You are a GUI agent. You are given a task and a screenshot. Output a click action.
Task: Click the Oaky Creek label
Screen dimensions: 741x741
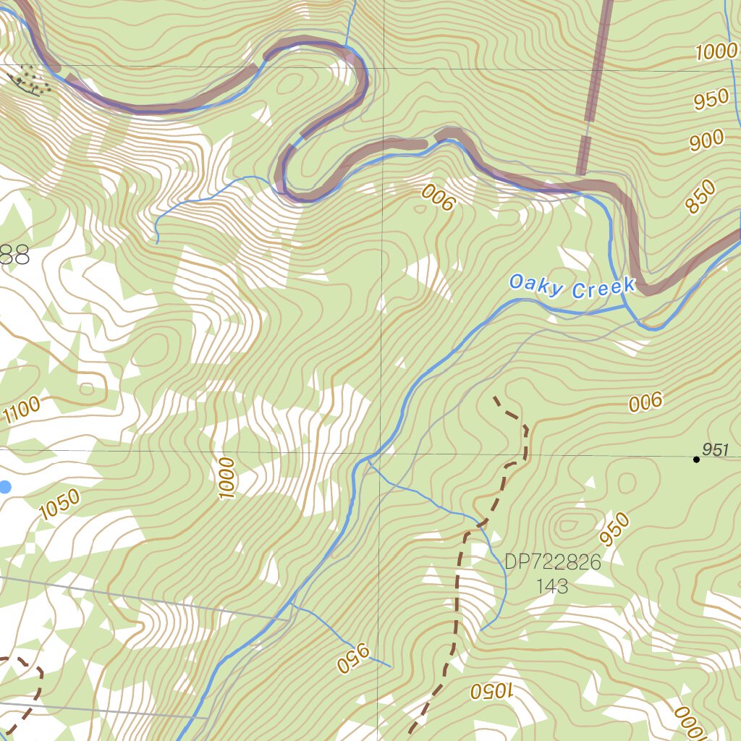tap(571, 286)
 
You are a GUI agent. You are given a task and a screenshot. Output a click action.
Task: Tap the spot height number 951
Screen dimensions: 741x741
tap(715, 450)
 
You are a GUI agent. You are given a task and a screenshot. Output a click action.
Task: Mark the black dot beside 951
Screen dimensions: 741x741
tap(696, 459)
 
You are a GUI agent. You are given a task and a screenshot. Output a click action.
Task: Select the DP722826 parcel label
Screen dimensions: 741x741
tap(553, 562)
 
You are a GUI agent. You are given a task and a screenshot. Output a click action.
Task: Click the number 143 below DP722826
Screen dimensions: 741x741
tap(552, 585)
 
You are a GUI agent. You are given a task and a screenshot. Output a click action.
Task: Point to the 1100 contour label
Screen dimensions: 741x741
tap(22, 411)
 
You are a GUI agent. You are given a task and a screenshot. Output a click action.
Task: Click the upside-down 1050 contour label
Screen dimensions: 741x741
tap(491, 690)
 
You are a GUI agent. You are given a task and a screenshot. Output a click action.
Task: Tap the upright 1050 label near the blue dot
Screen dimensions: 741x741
tap(59, 505)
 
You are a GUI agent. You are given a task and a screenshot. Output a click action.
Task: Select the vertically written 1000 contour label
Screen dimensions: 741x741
tap(226, 478)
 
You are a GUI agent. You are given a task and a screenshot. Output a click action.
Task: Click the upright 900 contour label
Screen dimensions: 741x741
tap(706, 140)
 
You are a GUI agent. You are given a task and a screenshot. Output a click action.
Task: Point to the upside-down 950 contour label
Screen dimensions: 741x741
tap(353, 657)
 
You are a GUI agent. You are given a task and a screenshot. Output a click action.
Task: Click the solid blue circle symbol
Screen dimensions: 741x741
tap(4, 487)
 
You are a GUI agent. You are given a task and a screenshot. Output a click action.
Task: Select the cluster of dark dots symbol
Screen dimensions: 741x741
tap(33, 80)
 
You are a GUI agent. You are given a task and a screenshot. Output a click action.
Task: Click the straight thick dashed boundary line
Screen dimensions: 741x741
tap(595, 87)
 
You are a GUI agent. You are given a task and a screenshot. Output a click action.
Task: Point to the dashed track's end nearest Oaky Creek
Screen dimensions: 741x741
tap(495, 397)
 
